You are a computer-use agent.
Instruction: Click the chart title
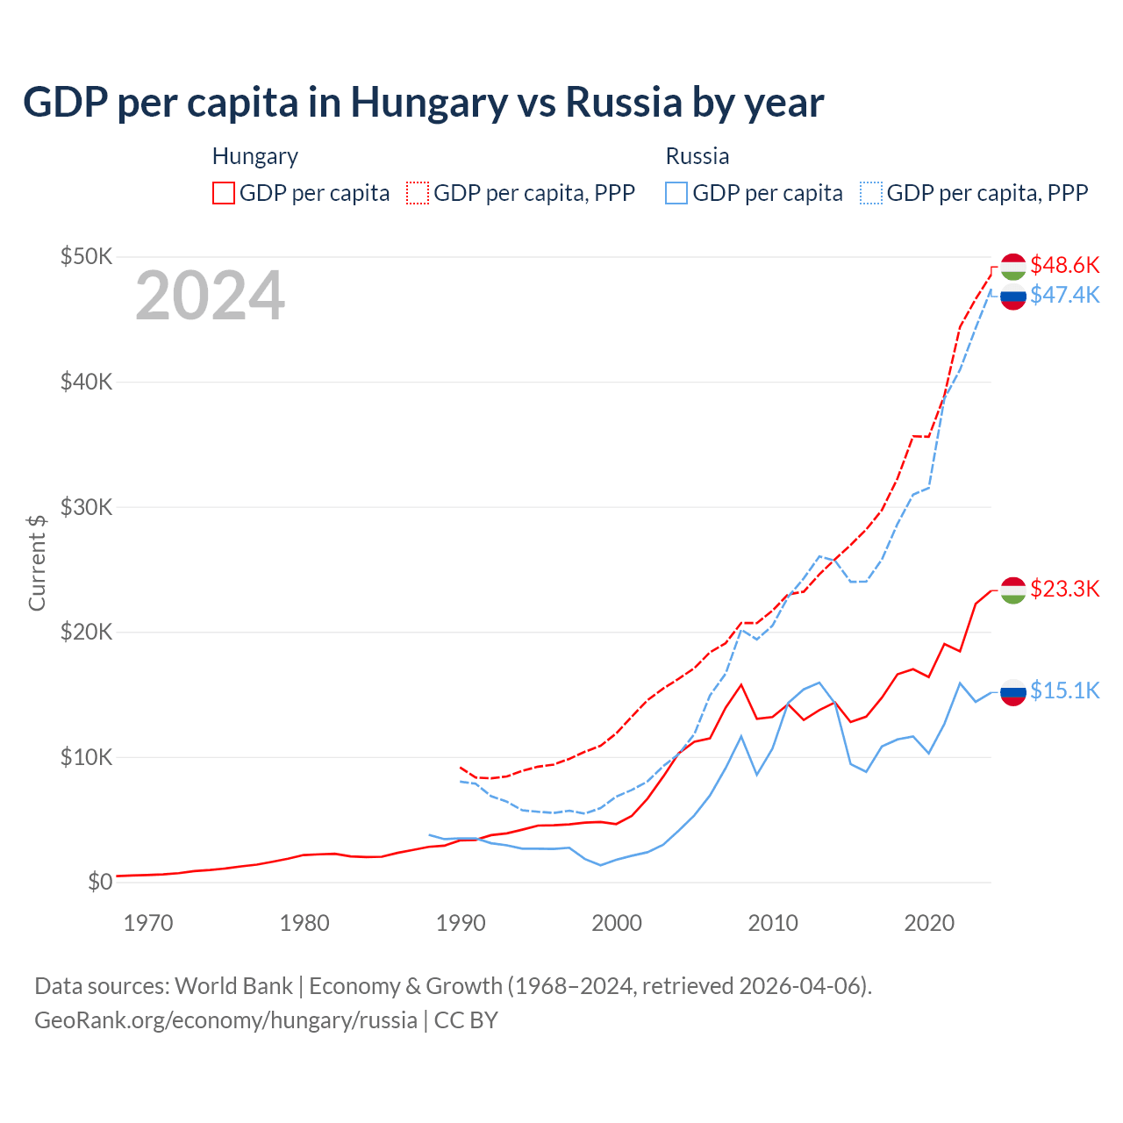(423, 102)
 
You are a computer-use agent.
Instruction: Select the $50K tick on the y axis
(86, 257)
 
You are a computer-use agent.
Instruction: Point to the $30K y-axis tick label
(86, 507)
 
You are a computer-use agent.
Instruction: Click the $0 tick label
(99, 882)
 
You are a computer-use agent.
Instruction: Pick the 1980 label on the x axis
(304, 923)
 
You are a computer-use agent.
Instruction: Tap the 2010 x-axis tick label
(773, 923)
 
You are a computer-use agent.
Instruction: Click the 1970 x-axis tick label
(148, 923)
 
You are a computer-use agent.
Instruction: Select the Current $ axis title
(37, 562)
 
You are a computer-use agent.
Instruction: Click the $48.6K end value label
(1064, 265)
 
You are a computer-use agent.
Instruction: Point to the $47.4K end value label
(1064, 295)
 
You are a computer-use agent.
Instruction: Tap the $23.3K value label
(1064, 589)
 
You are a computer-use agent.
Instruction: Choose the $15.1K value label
(1064, 690)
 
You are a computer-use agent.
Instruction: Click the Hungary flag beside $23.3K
(1013, 590)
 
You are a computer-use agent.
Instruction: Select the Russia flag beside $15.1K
(1013, 692)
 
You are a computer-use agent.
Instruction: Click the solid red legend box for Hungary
(224, 193)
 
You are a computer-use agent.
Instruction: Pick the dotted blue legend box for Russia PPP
(871, 193)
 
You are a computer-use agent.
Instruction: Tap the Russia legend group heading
(697, 156)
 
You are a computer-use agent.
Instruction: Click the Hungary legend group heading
(255, 156)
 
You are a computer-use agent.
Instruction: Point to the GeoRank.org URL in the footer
(225, 1020)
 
